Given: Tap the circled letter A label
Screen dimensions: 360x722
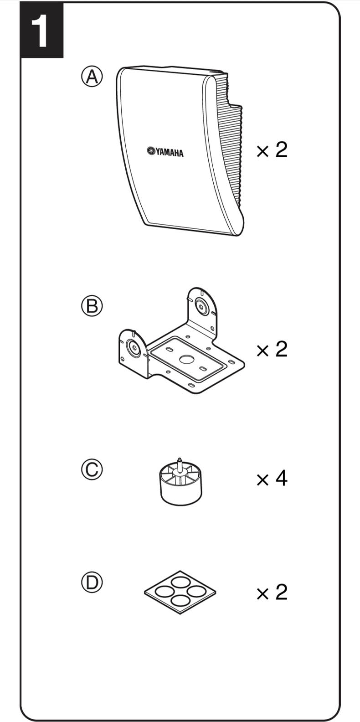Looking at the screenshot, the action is tap(92, 77).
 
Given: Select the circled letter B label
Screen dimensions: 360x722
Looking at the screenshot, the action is tap(92, 306).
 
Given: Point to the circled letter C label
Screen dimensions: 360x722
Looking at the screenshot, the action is tap(92, 469).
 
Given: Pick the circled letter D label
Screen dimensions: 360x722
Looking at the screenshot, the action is tap(92, 583).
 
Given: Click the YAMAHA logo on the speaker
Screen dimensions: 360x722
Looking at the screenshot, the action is tap(165, 152).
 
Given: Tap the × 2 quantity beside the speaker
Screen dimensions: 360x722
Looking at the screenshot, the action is tap(272, 150).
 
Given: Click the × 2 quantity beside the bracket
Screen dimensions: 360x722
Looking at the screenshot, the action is tap(272, 349).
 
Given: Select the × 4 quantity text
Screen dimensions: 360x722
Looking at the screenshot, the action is tap(272, 478).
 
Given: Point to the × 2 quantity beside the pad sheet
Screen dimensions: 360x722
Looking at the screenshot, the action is tap(272, 592).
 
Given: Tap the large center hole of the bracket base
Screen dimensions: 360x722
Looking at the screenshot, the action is tap(186, 359).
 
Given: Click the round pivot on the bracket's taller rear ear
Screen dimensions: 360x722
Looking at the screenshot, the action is tap(201, 306).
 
